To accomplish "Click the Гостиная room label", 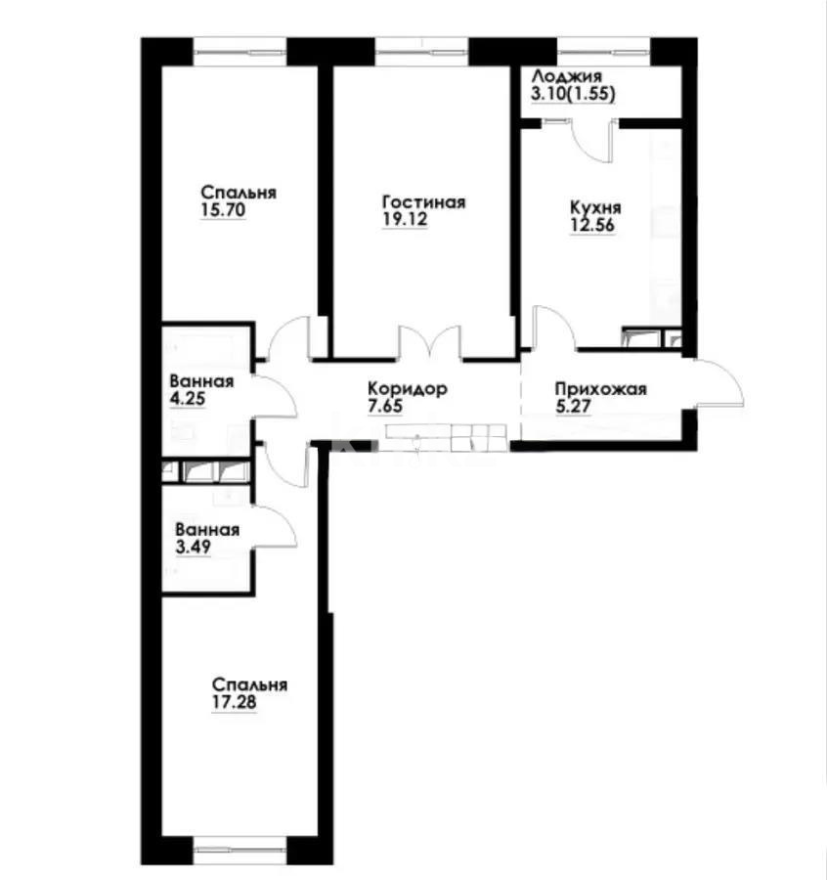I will point(422,202).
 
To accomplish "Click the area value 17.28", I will point(235,702).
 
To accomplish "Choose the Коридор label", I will point(408,388).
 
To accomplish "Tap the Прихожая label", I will point(600,389).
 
